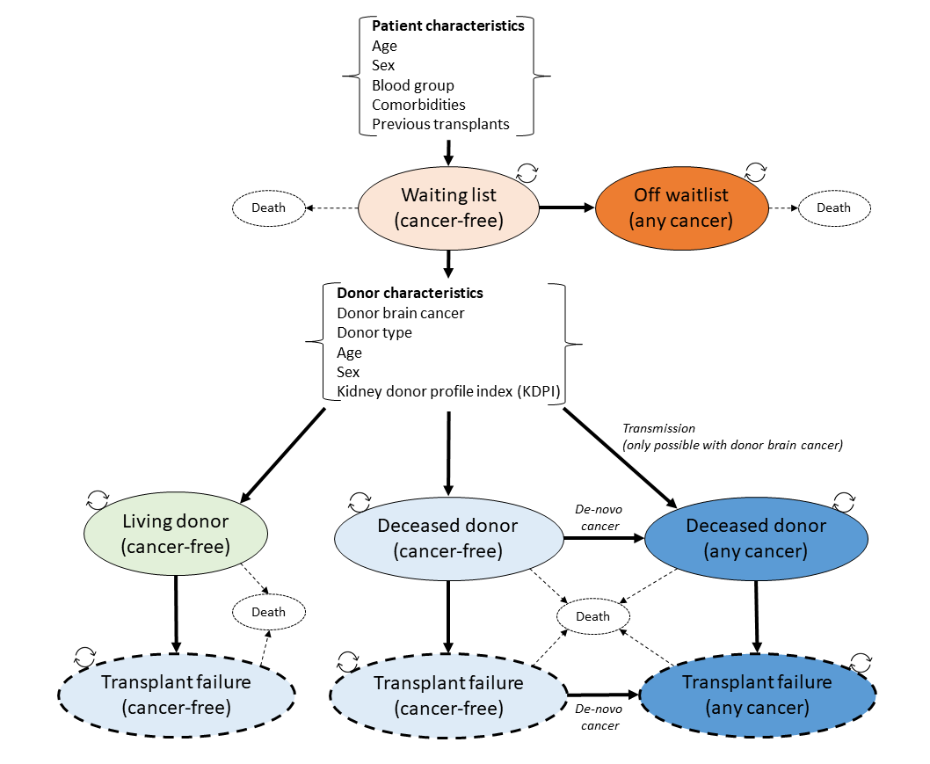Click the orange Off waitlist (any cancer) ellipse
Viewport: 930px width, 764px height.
[x=681, y=208]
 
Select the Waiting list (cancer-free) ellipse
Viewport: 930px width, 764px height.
[x=448, y=207]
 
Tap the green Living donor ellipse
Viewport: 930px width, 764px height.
[x=175, y=535]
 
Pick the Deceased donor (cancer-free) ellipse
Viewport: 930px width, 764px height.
[x=447, y=538]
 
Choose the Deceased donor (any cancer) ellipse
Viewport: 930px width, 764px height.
[x=756, y=538]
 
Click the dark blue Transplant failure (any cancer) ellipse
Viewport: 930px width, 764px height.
[x=757, y=695]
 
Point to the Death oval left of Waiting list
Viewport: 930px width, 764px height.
[x=268, y=208]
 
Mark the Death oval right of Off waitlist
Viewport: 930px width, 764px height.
[x=833, y=208]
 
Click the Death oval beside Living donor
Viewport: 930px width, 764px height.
[x=268, y=612]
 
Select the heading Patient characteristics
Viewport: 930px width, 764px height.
[x=447, y=25]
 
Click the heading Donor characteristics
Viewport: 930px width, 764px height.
[x=410, y=293]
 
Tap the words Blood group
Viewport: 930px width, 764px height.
[x=412, y=85]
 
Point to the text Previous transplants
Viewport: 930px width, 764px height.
[x=440, y=124]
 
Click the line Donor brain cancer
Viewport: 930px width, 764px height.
[x=400, y=313]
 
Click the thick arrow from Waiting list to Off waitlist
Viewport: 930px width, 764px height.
[x=566, y=208]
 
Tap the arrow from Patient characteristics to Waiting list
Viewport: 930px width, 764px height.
[x=448, y=151]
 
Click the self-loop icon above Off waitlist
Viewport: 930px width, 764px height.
[x=756, y=170]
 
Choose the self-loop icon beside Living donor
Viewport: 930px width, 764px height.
[x=97, y=501]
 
